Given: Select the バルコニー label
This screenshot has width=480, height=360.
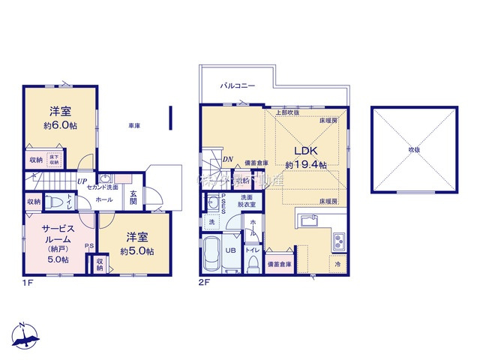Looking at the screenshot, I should pyautogui.click(x=237, y=86).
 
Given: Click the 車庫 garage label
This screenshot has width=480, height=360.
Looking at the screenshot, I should pyautogui.click(x=134, y=127).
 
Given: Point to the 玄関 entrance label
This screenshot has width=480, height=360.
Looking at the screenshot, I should pyautogui.click(x=133, y=196).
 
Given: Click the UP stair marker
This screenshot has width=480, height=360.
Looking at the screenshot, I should pyautogui.click(x=80, y=181).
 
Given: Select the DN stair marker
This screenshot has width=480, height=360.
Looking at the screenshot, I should pyautogui.click(x=227, y=160).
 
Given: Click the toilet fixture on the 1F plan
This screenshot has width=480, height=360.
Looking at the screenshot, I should pyautogui.click(x=53, y=202).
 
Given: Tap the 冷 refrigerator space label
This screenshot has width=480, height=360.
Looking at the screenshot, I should pyautogui.click(x=337, y=264).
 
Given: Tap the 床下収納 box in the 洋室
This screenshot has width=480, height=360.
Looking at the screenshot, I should pyautogui.click(x=55, y=160).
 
